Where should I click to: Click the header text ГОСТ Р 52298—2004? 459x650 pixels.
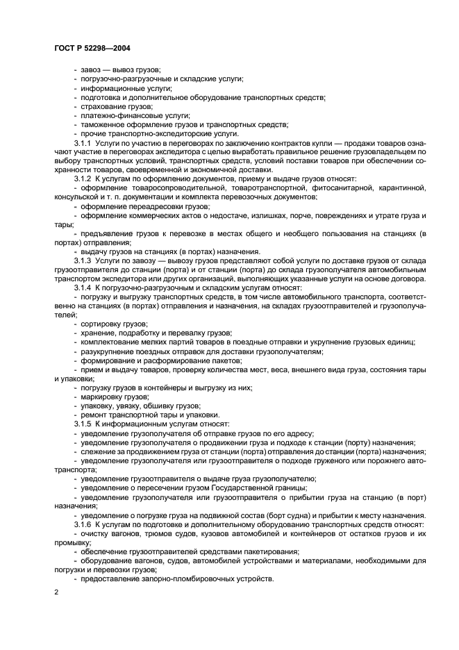tap(92, 48)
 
